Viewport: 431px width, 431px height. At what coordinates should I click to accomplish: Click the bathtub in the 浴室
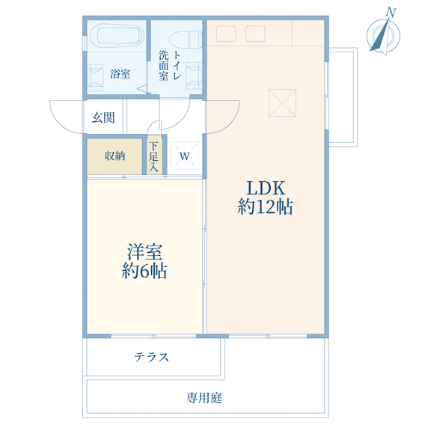click(117, 36)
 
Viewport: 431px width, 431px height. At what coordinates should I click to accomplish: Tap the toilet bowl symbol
click(186, 40)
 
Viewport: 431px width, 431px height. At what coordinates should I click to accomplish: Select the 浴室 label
click(120, 73)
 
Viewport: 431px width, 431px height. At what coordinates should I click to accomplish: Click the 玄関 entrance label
click(103, 117)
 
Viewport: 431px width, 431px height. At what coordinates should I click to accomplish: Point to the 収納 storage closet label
click(115, 156)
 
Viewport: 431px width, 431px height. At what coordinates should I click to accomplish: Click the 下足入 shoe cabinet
click(153, 156)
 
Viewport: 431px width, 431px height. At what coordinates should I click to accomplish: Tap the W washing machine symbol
click(185, 156)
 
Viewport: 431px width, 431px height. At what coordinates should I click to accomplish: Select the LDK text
click(266, 188)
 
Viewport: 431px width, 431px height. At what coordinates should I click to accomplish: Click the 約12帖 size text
click(265, 207)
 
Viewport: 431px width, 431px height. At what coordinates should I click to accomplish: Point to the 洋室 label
click(144, 251)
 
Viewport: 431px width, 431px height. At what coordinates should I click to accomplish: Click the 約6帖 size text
click(144, 271)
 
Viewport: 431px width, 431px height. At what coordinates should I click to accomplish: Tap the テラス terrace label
click(151, 358)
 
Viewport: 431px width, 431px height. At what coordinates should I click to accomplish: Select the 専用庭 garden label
click(204, 397)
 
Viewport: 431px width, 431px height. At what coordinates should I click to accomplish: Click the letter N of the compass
click(391, 13)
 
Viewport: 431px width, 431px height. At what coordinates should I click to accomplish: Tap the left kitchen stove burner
click(226, 34)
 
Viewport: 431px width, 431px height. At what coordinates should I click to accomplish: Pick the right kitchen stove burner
click(255, 34)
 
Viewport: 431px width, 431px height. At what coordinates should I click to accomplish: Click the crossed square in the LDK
click(282, 103)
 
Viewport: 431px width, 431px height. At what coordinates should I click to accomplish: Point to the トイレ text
click(177, 65)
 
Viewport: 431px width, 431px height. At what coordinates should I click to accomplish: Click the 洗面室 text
click(164, 65)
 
